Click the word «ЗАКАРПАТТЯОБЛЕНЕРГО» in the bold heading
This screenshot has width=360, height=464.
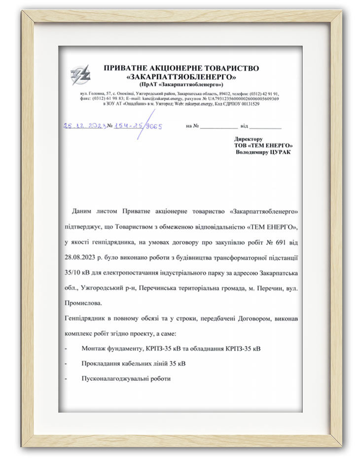click(181, 77)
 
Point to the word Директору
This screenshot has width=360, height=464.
click(249, 139)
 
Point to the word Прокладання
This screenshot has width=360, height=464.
click(101, 364)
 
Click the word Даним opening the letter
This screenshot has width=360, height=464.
click(81, 211)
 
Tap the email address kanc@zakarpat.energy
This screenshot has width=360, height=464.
click(149, 99)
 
